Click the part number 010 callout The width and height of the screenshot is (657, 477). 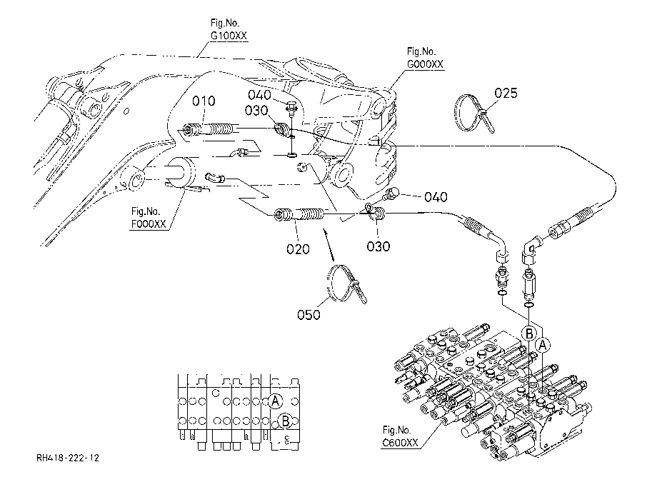204,101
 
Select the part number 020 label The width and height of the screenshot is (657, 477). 298,249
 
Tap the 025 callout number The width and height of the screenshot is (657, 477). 506,93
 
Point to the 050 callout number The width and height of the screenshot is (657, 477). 309,314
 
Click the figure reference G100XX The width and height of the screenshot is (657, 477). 229,36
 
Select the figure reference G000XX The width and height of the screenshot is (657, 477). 425,64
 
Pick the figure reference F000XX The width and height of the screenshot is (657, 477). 149,224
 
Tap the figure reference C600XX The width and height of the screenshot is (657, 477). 400,443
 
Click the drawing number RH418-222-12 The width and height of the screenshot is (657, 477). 68,458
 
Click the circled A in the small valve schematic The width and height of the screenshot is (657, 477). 275,401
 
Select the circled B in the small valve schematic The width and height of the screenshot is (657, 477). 286,420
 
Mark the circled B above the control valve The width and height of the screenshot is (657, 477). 528,333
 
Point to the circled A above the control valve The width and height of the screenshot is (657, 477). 543,345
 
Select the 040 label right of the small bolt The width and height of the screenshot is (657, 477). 436,197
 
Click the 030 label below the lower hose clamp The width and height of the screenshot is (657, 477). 378,246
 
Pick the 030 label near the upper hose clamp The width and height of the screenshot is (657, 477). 256,111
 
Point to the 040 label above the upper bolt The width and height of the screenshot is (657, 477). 260,95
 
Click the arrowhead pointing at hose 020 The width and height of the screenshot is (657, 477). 325,231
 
